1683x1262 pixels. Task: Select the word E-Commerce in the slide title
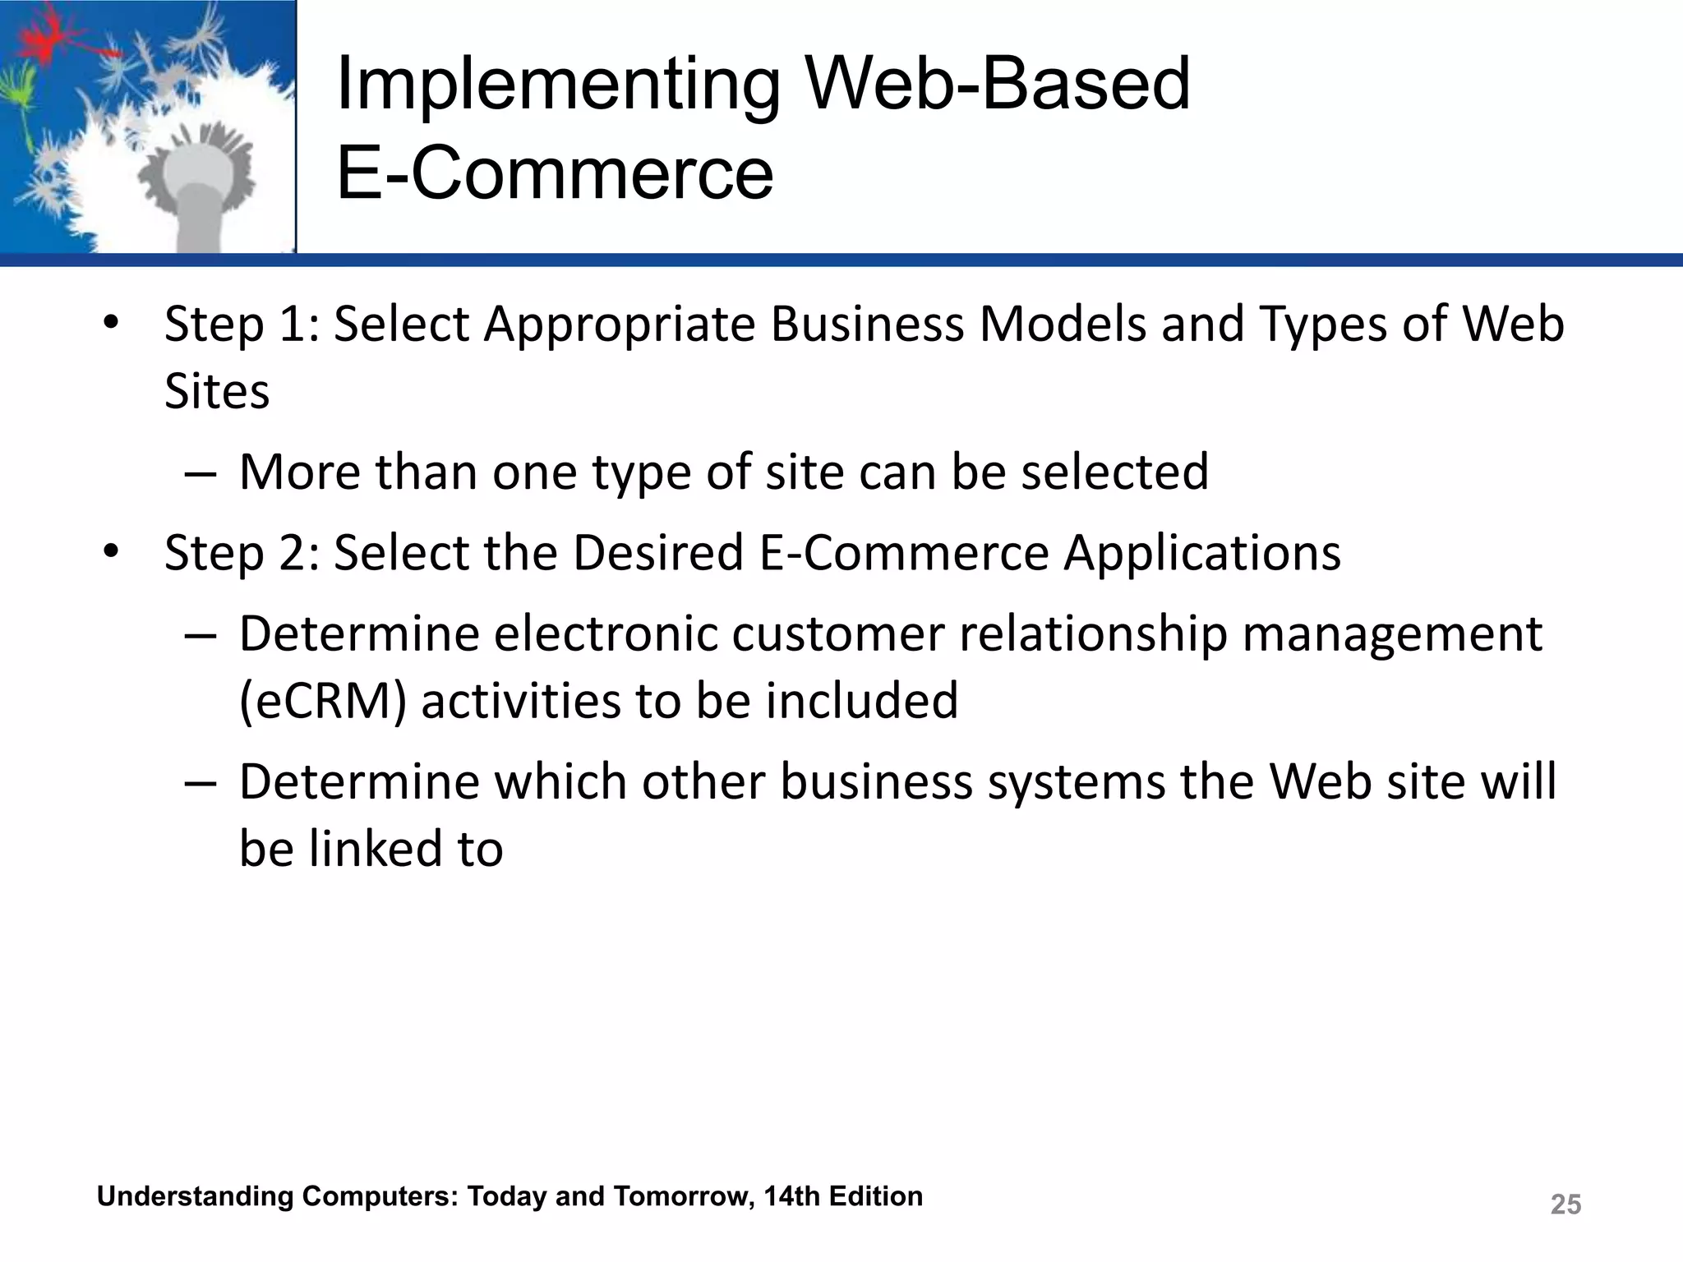555,173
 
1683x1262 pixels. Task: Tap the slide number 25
1565,1204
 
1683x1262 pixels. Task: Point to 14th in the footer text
792,1196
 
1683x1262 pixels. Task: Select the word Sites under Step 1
217,391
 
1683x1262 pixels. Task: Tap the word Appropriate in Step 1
619,324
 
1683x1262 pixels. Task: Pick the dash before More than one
201,473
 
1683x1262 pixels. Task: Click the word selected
1114,472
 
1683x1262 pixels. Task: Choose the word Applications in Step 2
1202,552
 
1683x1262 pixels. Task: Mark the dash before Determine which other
201,783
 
